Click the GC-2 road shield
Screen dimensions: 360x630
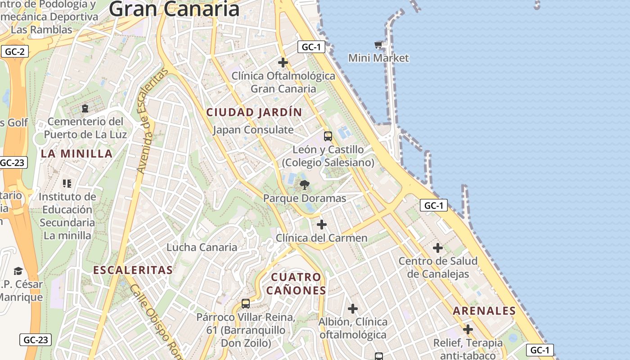[14, 51]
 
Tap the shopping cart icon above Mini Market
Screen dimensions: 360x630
[378, 45]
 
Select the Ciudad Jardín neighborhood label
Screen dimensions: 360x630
[254, 112]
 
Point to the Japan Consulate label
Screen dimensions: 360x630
[253, 130]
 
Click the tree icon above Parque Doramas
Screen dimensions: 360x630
[305, 184]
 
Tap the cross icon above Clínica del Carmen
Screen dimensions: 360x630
[322, 224]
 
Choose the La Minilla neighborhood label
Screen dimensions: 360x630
[76, 154]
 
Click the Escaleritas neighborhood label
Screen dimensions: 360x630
[133, 270]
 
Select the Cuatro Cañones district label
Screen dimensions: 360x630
[296, 283]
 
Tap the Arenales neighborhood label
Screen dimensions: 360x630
[484, 311]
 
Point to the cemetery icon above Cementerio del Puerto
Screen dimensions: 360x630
[85, 108]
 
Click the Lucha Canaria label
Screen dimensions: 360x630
[202, 247]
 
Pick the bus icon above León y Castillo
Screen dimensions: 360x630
[328, 136]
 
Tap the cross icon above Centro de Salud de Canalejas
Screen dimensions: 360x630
[438, 248]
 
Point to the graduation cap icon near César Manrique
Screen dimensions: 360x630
[18, 271]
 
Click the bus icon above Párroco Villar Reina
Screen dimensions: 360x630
[246, 304]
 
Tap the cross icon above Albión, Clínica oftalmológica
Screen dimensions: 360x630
[353, 309]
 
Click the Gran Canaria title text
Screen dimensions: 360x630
[174, 9]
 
